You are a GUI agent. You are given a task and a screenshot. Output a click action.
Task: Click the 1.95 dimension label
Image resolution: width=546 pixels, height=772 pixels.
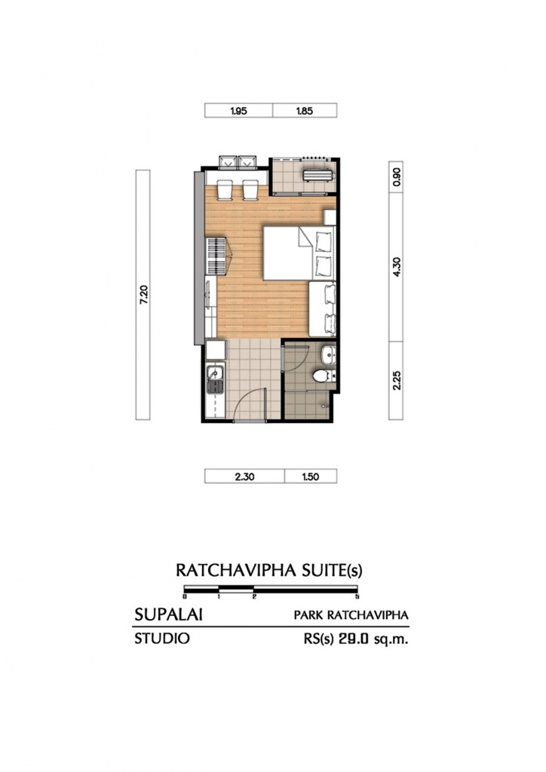pyautogui.click(x=238, y=111)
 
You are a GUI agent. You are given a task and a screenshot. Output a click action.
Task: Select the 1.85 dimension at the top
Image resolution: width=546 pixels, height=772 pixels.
pyautogui.click(x=305, y=111)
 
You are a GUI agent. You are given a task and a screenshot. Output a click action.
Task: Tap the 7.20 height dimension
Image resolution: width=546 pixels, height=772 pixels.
pyautogui.click(x=143, y=295)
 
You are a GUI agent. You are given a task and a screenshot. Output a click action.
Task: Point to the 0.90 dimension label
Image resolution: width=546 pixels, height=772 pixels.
pyautogui.click(x=397, y=177)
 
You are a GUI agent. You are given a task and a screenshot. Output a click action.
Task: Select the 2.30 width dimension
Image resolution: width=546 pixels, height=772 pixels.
pyautogui.click(x=244, y=476)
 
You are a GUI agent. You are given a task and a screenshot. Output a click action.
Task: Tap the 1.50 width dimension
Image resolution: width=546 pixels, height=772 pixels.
pyautogui.click(x=311, y=476)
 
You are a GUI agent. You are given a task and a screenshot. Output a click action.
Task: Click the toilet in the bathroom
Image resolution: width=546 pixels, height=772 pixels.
pyautogui.click(x=321, y=375)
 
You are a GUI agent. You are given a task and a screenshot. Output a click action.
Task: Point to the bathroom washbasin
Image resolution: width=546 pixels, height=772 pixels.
pyautogui.click(x=327, y=354)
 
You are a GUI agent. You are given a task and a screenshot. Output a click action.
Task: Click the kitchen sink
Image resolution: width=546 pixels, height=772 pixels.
pyautogui.click(x=213, y=373)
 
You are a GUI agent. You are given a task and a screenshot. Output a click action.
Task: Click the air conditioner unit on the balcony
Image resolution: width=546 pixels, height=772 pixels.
pyautogui.click(x=316, y=175)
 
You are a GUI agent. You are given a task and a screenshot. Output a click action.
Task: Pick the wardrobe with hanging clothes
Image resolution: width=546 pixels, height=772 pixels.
pyautogui.click(x=216, y=257)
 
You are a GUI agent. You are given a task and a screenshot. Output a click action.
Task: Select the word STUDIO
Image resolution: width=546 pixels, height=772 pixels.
pyautogui.click(x=161, y=639)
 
